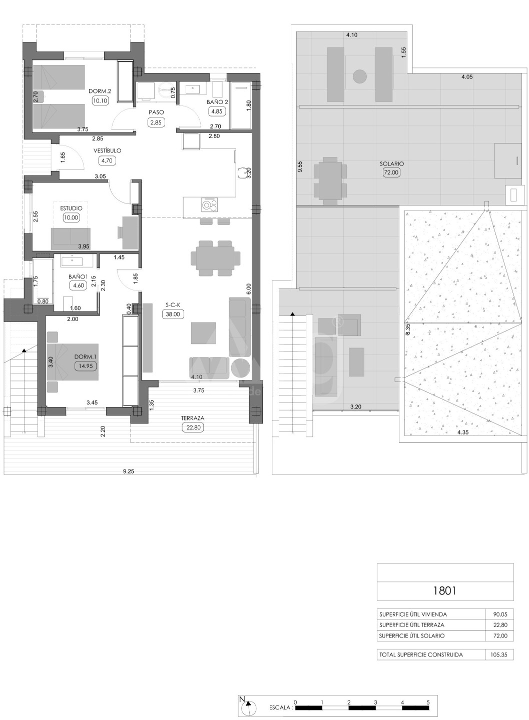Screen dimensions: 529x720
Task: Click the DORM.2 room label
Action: (100, 91)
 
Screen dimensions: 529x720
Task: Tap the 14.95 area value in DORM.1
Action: (85, 366)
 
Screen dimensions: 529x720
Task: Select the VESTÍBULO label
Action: (107, 150)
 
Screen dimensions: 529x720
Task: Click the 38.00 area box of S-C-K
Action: (173, 314)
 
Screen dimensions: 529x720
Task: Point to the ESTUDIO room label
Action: (71, 208)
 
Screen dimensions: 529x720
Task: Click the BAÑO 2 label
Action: (217, 102)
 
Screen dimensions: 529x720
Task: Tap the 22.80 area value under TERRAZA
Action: (193, 427)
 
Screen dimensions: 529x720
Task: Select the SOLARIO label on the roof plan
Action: (391, 163)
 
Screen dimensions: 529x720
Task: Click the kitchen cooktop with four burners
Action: (209, 205)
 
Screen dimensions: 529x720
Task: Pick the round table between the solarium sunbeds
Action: (360, 76)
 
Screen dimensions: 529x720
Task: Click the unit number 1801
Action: (445, 590)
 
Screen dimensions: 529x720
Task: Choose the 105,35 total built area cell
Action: (500, 654)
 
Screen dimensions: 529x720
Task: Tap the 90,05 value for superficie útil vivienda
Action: (500, 614)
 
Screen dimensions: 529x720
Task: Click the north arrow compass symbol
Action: (248, 707)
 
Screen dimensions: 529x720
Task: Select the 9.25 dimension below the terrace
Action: (129, 471)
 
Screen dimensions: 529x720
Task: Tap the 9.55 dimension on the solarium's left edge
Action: (300, 167)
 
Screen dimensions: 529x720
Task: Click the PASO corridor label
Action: (156, 112)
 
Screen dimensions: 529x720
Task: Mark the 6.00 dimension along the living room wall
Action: (249, 288)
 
